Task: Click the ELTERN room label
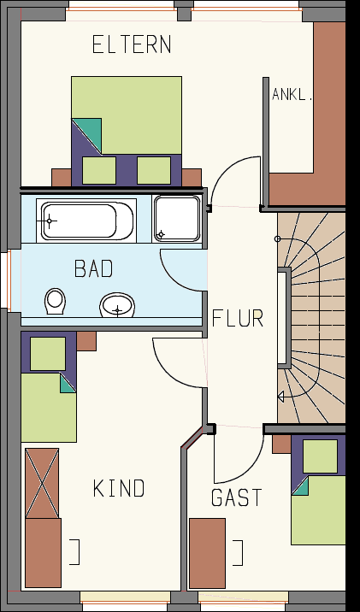(132, 44)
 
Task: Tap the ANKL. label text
(292, 95)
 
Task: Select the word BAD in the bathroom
(94, 268)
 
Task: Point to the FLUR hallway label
(238, 318)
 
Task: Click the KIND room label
(119, 488)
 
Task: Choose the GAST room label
(237, 497)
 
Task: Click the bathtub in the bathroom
(86, 221)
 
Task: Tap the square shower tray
(177, 219)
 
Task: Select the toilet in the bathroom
(55, 301)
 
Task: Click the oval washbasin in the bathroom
(117, 305)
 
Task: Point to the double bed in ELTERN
(127, 131)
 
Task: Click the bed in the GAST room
(318, 490)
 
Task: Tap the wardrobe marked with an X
(42, 483)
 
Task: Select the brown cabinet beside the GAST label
(207, 553)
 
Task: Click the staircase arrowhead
(280, 397)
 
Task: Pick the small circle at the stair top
(278, 238)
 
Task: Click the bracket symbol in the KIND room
(77, 552)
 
